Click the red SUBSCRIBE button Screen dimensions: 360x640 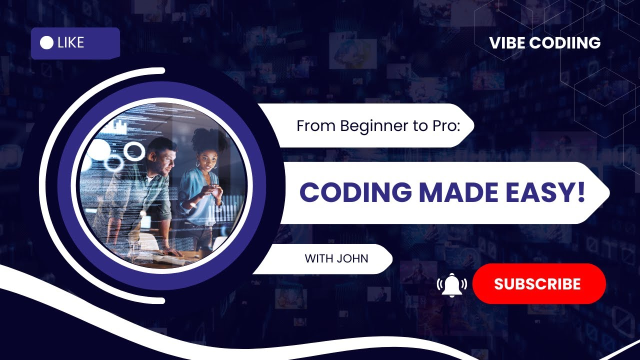(538, 284)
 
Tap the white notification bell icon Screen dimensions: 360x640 (452, 284)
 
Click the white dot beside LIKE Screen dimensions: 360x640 (46, 43)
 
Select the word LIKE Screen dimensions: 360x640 (70, 43)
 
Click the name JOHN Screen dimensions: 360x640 (352, 259)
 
